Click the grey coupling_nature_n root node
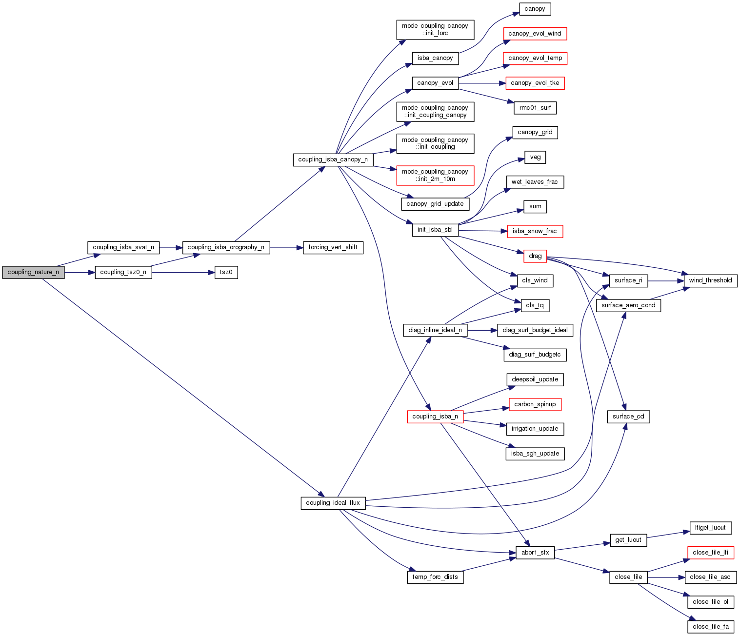click(33, 272)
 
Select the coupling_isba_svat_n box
click(123, 247)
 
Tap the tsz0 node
click(226, 272)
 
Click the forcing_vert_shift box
click(333, 247)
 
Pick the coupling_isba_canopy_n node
click(333, 159)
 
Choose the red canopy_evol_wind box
click(535, 34)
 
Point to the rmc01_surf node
click(535, 108)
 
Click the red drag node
click(535, 256)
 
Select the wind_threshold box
click(710, 280)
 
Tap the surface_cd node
click(628, 417)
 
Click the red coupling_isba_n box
click(435, 417)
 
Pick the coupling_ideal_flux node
click(333, 503)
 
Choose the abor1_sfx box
click(535, 553)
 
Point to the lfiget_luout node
click(710, 528)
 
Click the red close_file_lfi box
click(710, 553)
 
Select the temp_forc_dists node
click(435, 577)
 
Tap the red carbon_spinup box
click(535, 404)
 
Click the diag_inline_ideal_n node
click(435, 330)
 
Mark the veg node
click(535, 157)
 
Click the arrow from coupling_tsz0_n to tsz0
click(183, 272)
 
